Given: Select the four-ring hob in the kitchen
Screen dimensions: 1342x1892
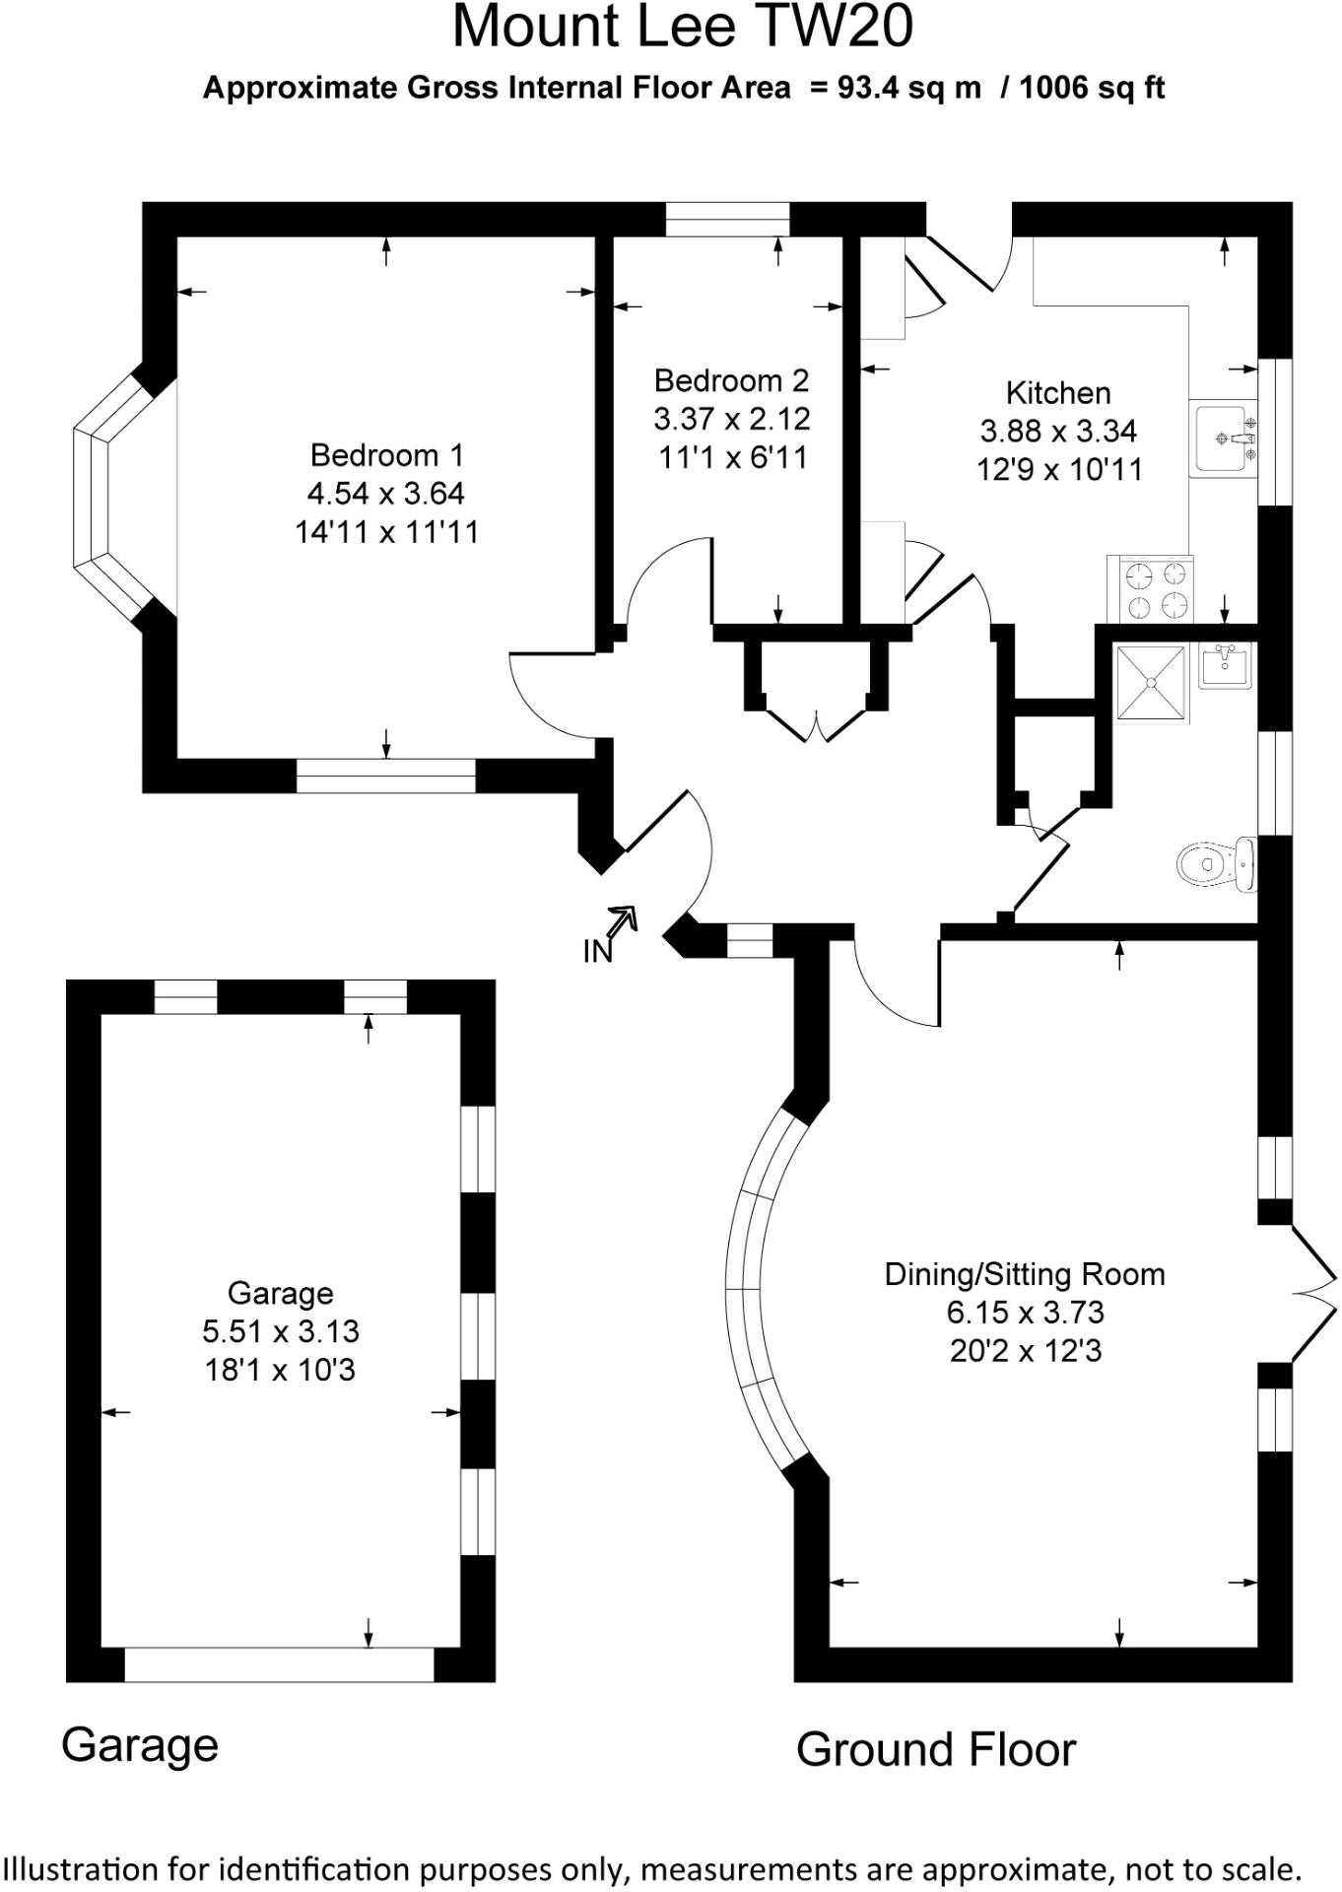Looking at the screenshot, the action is click(1151, 589).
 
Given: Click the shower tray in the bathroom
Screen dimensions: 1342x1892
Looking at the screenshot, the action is click(1152, 682).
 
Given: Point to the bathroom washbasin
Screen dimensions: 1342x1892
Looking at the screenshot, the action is click(1226, 665).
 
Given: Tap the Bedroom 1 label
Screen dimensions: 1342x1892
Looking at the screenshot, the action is click(386, 455).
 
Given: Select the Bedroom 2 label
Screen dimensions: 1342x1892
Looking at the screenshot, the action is click(731, 380).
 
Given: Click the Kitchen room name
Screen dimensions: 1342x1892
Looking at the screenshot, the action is click(1058, 393).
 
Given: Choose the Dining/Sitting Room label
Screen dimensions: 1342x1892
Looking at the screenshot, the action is click(1025, 1274).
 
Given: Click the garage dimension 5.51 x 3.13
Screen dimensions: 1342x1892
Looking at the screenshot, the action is click(281, 1331).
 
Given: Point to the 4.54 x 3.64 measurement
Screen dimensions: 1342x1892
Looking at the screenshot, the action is click(386, 493).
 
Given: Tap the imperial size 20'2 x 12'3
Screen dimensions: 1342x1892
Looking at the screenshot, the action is click(1026, 1350).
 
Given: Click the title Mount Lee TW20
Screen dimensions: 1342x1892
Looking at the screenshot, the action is click(683, 27).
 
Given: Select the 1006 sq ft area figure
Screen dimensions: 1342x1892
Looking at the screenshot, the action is click(1092, 88).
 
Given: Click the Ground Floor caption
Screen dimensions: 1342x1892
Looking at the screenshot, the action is click(936, 1749).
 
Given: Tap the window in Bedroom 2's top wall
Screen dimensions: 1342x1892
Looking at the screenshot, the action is click(728, 219).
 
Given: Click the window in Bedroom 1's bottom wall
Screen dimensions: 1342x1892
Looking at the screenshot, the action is click(386, 777).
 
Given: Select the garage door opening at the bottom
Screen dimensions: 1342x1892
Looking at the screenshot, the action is click(280, 1664).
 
